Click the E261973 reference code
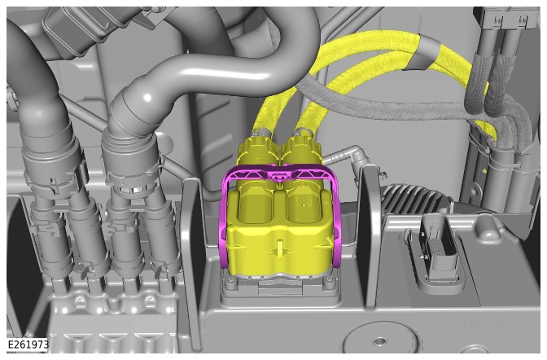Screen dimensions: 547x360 click(28, 345)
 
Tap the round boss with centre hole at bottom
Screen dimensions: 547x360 click(379, 340)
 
